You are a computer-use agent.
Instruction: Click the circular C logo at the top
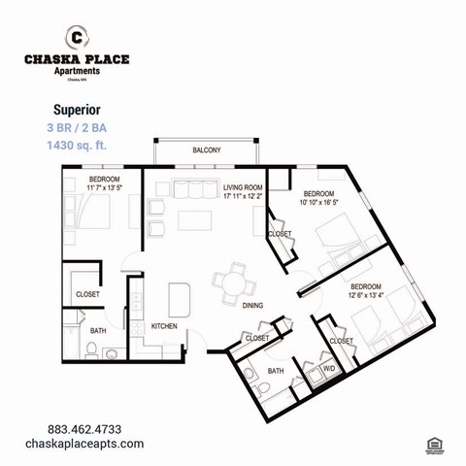click(76, 37)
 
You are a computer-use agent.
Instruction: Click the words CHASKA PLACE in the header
click(76, 59)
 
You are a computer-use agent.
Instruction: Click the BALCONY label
click(206, 150)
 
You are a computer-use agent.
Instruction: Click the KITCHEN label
click(164, 327)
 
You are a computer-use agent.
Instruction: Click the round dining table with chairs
click(234, 281)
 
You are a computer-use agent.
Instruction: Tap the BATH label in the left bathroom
click(99, 331)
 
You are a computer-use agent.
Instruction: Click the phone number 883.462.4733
click(84, 428)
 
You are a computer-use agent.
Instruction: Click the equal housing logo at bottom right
click(434, 445)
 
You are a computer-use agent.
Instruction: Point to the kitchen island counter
click(178, 297)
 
